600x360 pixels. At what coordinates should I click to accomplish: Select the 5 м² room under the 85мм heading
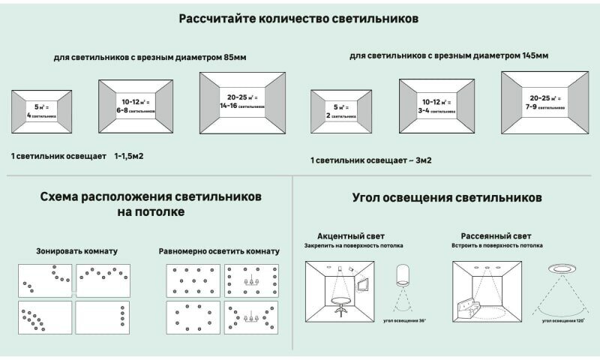41,111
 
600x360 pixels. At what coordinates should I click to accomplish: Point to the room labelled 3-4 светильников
438,106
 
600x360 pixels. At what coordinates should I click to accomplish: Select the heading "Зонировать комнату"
76,250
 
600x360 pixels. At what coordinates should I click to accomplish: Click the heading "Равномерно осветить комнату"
219,250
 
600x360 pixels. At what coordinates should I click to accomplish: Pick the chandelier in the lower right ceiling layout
252,319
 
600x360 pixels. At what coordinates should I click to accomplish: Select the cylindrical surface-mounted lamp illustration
403,275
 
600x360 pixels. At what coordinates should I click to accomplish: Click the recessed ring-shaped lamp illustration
560,269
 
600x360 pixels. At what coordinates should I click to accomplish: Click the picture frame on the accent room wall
363,283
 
